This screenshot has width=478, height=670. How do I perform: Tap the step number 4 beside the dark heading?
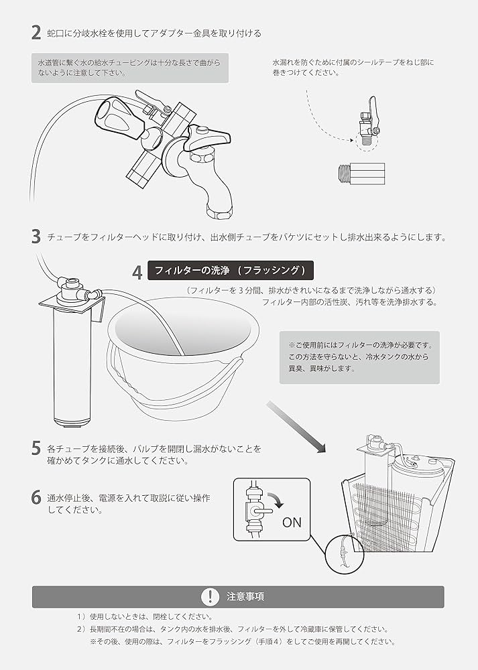137,273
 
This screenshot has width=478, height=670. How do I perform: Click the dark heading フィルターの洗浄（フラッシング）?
230,271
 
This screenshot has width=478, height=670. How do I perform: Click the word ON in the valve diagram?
292,523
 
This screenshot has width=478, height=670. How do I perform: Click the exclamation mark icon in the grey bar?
211,596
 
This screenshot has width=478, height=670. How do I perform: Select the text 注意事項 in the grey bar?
245,596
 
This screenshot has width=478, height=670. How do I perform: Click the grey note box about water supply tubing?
129,68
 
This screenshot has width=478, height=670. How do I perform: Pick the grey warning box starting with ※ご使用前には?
359,357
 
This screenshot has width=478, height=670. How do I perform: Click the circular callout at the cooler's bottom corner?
344,554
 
